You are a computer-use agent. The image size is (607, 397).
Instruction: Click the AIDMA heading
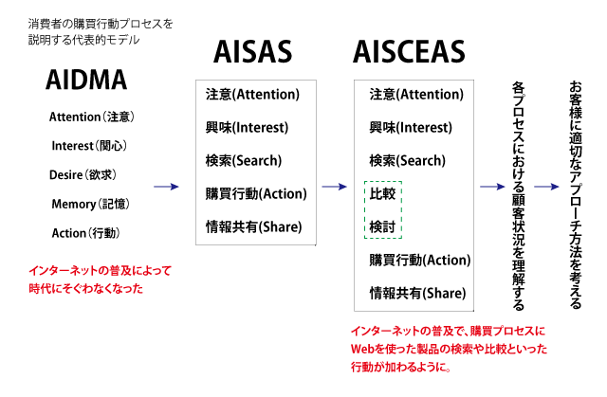coord(86,80)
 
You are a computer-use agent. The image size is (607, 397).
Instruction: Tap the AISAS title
coord(253,52)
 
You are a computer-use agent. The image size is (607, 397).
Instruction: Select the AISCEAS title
coord(409,52)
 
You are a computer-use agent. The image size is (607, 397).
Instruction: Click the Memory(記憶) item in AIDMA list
coord(90,204)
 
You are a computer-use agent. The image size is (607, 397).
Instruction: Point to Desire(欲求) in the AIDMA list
coord(83,174)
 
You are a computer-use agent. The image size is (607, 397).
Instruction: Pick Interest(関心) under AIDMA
coord(89,146)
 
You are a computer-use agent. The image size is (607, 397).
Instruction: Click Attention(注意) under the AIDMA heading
coord(91,117)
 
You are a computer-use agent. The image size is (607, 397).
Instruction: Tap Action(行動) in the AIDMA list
coord(85,233)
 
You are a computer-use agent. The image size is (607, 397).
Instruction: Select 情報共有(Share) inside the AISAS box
coord(253,226)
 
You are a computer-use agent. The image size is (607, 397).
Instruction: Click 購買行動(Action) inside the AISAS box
coord(256,193)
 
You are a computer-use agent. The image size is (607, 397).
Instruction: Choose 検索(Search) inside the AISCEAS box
coord(407,160)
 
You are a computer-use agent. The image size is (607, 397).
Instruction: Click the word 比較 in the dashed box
coord(382,193)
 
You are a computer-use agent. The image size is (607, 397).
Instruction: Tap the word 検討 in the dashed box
coord(382,226)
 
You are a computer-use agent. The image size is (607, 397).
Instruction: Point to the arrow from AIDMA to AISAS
coord(166,187)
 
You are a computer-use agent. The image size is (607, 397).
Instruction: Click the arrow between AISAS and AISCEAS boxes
coord(334,187)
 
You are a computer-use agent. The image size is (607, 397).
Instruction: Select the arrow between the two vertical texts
coord(546,187)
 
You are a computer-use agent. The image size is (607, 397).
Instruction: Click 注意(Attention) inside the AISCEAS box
coord(416,95)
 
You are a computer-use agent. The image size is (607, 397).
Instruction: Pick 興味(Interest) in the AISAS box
coord(247,128)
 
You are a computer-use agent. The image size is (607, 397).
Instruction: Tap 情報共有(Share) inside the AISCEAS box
coord(417,294)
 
